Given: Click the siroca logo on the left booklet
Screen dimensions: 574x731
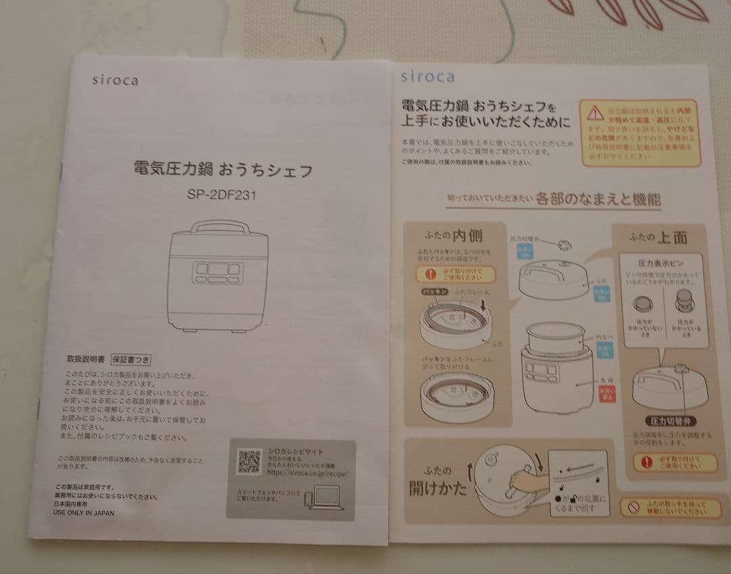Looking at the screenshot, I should pyautogui.click(x=115, y=80).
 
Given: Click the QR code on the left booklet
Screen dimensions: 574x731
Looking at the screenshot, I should pyautogui.click(x=249, y=461).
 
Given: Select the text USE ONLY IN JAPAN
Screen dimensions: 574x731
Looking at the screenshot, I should pyautogui.click(x=84, y=513).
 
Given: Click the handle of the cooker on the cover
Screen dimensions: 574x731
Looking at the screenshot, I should pyautogui.click(x=219, y=226).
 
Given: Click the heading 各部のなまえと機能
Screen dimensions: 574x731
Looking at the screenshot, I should pyautogui.click(x=598, y=199).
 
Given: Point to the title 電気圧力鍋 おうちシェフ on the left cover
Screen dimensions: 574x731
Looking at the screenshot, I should pyautogui.click(x=223, y=170).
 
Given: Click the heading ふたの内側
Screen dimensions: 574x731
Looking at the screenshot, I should pyautogui.click(x=453, y=237).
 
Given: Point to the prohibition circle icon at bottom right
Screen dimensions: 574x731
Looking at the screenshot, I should pyautogui.click(x=633, y=507).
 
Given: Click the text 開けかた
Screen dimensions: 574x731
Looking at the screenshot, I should pyautogui.click(x=437, y=487).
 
